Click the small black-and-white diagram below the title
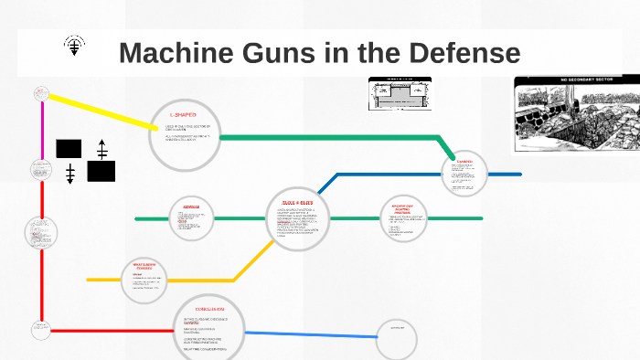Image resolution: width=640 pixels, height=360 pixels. pos(400,94)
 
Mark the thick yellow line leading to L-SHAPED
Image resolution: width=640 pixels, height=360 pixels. pos(101,110)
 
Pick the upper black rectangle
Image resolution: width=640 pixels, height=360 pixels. pos(69,148)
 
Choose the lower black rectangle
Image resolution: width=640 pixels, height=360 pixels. pos(101,170)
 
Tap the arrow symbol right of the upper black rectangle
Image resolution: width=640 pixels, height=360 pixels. pos(101,148)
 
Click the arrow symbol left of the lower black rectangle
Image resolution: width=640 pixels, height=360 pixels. pos(69,172)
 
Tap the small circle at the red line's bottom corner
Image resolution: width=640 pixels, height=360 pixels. pos(40,327)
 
